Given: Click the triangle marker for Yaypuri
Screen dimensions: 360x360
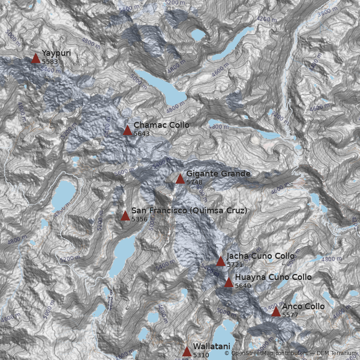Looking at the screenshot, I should (36, 58).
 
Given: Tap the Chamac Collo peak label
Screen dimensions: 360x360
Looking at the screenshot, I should (161, 125).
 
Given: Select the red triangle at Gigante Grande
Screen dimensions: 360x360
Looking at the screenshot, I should (180, 179).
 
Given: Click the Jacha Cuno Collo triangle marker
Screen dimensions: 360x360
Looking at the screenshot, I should (220, 261).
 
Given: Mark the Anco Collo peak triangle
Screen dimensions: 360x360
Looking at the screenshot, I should (276, 312).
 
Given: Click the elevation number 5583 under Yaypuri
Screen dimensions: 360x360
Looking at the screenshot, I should (49, 61).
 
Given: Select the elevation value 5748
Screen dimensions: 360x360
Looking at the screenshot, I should (194, 182).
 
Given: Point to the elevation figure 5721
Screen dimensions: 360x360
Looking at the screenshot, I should (235, 265).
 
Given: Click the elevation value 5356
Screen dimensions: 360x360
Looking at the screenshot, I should (139, 219).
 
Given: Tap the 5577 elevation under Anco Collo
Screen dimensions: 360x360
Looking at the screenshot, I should (290, 315).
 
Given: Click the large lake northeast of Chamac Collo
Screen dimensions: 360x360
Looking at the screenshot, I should (162, 88).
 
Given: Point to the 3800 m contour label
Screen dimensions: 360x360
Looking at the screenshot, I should (326, 13).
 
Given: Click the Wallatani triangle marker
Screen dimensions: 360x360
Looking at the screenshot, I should (187, 352).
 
